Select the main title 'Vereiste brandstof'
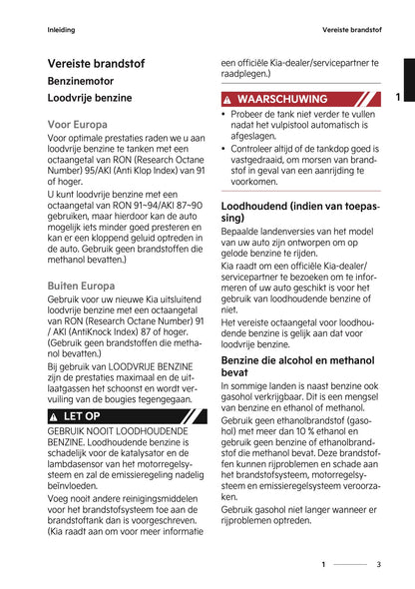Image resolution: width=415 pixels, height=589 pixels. point(96,64)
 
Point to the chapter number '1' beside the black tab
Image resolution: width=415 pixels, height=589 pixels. point(397,97)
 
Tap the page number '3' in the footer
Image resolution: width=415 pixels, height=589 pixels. point(378,565)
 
